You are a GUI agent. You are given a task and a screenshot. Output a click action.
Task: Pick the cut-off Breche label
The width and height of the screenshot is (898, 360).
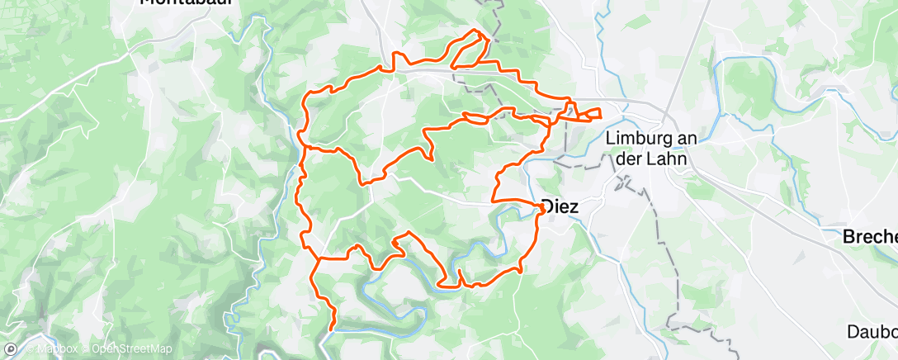(x=869, y=237)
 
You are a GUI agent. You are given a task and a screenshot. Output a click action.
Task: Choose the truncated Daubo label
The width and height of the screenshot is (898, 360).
(x=872, y=332)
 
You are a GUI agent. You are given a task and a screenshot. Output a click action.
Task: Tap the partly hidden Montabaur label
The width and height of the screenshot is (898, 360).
(x=185, y=2)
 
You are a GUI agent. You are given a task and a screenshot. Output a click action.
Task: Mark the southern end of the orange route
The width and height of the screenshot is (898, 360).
(x=332, y=329)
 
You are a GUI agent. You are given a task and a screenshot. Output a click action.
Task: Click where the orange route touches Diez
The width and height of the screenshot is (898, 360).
(x=541, y=206)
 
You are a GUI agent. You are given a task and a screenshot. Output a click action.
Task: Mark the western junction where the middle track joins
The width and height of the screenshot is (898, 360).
(x=307, y=149)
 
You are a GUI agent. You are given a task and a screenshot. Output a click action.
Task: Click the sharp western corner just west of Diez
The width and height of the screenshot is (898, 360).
(x=494, y=199)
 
